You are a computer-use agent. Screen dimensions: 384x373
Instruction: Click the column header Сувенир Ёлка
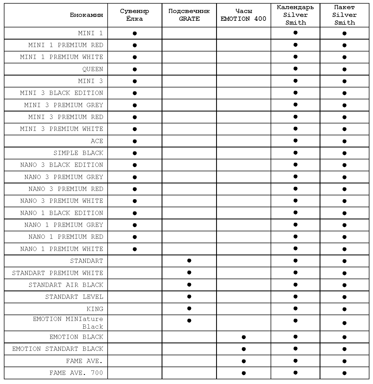tap(134, 15)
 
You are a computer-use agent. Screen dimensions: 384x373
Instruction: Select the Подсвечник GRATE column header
tap(189, 15)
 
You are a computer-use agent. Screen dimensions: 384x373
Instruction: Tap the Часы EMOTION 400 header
tap(243, 15)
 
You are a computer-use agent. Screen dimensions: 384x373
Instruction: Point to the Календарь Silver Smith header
tap(295, 15)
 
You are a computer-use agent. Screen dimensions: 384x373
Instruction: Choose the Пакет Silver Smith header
tap(344, 15)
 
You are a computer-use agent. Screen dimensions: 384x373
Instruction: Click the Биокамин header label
tap(86, 15)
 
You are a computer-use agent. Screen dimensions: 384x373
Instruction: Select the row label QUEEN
tap(92, 69)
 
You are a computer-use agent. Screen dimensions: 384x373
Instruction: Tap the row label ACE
tap(97, 141)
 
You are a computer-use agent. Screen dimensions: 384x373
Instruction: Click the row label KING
tap(95, 309)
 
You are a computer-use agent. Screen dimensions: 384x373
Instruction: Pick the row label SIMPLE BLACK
tap(78, 153)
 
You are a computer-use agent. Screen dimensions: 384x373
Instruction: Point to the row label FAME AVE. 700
tap(76, 373)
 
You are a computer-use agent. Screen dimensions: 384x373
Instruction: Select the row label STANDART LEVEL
tap(74, 297)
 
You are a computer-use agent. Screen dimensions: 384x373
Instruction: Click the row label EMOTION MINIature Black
tap(68, 323)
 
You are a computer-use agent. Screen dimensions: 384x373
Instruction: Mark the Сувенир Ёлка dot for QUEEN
tap(135, 69)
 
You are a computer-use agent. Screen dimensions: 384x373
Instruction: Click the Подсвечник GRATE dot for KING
tap(189, 308)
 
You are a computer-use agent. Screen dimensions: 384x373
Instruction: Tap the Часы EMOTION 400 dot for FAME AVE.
tap(244, 361)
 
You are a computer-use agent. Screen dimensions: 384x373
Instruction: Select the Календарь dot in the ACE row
tap(296, 141)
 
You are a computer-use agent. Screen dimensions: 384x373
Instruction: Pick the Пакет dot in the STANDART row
tap(344, 261)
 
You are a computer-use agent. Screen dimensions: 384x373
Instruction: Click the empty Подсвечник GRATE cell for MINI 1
tap(189, 33)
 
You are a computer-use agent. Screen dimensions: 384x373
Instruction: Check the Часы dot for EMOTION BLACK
tap(244, 337)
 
